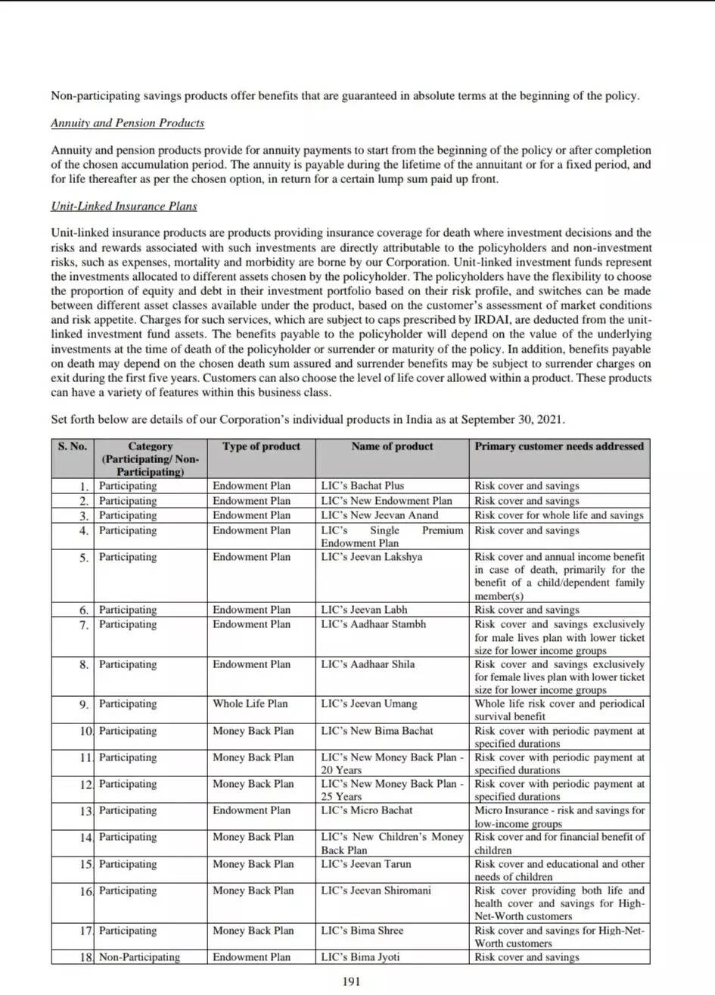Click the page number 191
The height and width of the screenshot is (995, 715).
coord(351,981)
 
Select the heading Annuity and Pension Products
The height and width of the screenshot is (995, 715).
coord(127,123)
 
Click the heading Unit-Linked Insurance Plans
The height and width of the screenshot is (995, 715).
coord(123,205)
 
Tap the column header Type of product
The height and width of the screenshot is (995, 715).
coord(261,446)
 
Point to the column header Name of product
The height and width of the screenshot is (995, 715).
coord(392,446)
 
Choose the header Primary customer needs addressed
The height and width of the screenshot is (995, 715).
coord(559,446)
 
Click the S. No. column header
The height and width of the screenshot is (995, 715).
coord(73,446)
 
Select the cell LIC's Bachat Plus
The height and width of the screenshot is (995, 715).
coord(362,486)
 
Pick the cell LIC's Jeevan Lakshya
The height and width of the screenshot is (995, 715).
coord(371,557)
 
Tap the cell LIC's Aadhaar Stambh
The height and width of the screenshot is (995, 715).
coord(373,624)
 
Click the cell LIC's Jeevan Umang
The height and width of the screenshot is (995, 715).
coord(368,704)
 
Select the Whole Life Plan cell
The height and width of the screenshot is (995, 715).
coord(250,704)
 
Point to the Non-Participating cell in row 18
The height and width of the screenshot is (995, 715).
coord(139,957)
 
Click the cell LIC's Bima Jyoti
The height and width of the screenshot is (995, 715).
coord(360,957)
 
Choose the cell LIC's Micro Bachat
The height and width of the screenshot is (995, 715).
coord(367,810)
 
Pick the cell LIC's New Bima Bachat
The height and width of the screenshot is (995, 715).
coord(377,731)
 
